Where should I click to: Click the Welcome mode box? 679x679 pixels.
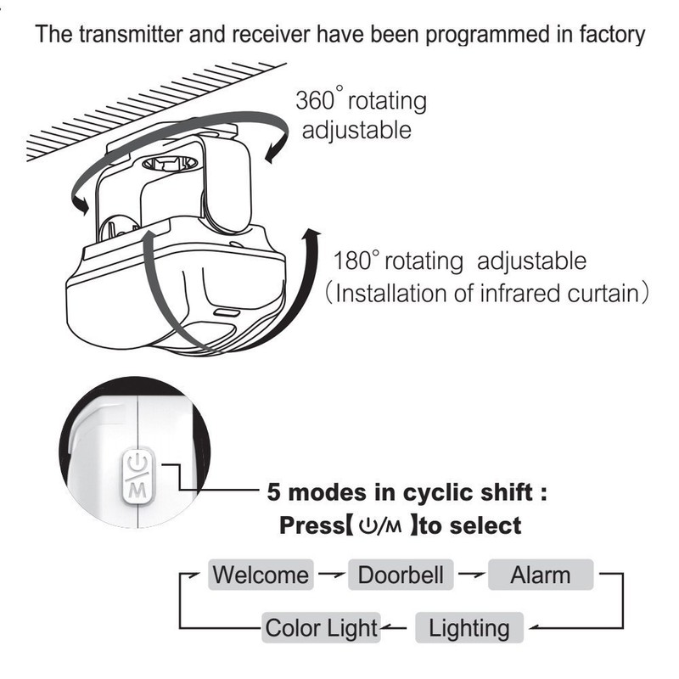click(261, 575)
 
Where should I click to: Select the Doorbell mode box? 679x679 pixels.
click(401, 575)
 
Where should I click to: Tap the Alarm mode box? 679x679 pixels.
click(540, 575)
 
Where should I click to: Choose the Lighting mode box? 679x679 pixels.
click(469, 628)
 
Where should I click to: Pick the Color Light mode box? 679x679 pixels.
click(320, 628)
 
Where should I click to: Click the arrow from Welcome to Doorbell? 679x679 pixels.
click(330, 575)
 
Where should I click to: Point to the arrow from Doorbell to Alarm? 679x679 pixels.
click(469, 575)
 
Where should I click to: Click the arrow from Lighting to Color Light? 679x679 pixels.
click(396, 629)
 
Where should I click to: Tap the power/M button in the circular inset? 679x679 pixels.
click(137, 475)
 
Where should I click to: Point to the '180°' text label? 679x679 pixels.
click(357, 260)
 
